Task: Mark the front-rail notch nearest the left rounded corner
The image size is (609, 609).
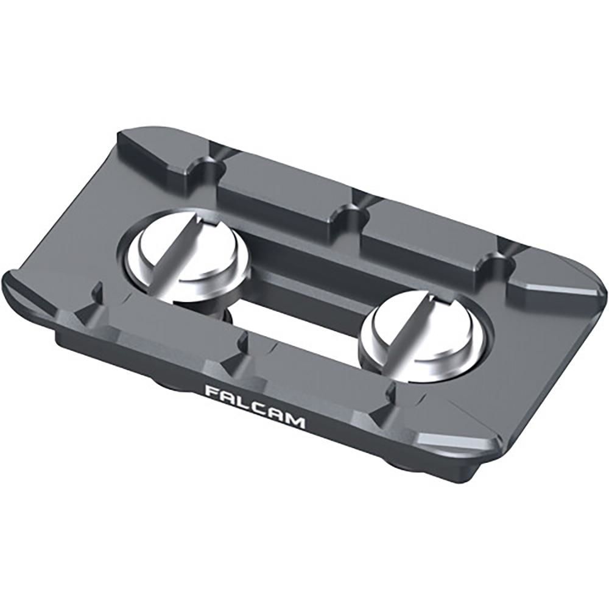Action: tap(97, 298)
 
